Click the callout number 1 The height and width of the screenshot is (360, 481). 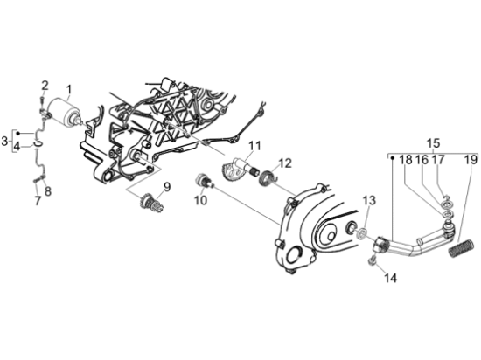coord(69,90)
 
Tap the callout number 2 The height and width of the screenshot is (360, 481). coord(45,86)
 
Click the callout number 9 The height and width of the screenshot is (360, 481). coord(166,187)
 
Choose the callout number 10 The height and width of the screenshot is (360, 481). coord(200,201)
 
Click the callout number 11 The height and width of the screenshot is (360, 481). coord(254,146)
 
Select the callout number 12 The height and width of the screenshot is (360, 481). coord(285,163)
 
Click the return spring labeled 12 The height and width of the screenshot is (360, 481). coord(268,178)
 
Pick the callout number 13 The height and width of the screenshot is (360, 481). coord(369,201)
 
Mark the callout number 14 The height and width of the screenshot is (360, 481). coord(391,278)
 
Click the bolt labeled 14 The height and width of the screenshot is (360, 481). coord(372,260)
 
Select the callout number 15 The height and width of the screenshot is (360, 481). coord(434,143)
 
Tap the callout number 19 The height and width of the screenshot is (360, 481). coord(471,160)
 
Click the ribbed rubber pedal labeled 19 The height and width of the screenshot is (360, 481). coord(460,247)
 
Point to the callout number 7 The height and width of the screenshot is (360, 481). coord(38,201)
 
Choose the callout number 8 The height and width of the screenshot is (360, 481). coord(48,191)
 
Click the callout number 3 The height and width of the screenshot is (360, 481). coord(4,142)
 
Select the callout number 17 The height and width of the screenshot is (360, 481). coord(438,160)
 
